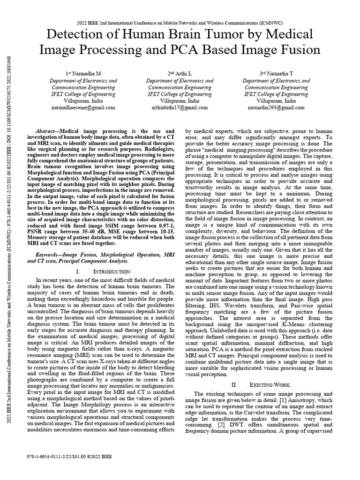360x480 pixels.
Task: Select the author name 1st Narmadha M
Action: [x=83, y=74]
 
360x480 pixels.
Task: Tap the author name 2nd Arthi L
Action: [x=180, y=74]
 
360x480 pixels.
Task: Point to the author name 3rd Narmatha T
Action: [x=277, y=74]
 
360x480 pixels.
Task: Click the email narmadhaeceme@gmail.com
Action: [x=83, y=107]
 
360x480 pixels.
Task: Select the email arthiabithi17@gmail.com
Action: [x=180, y=107]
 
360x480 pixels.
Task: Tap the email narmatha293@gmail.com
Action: [x=277, y=107]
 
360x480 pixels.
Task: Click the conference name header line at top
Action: [x=180, y=22]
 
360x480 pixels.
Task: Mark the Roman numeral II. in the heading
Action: [x=235, y=384]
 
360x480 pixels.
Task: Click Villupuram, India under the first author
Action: [x=83, y=101]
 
